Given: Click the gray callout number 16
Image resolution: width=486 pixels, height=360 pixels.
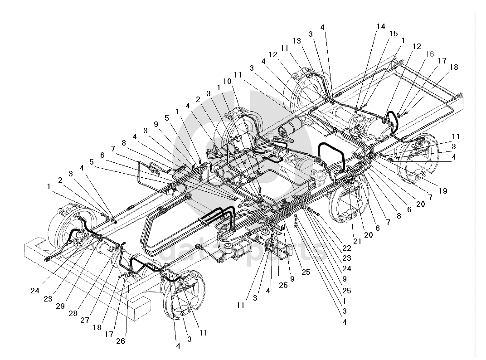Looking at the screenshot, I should tap(429, 54).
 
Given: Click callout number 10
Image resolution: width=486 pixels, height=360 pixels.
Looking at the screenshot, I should tap(228, 81).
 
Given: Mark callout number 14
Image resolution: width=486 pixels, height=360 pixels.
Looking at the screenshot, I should tap(380, 26).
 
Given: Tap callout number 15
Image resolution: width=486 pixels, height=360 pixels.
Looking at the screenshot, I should tap(393, 34).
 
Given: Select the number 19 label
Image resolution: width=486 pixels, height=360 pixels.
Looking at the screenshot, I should tap(442, 191).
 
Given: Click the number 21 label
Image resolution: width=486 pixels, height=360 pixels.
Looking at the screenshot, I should tap(357, 241).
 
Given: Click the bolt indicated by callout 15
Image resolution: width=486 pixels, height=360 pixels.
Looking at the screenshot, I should tap(362, 106).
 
